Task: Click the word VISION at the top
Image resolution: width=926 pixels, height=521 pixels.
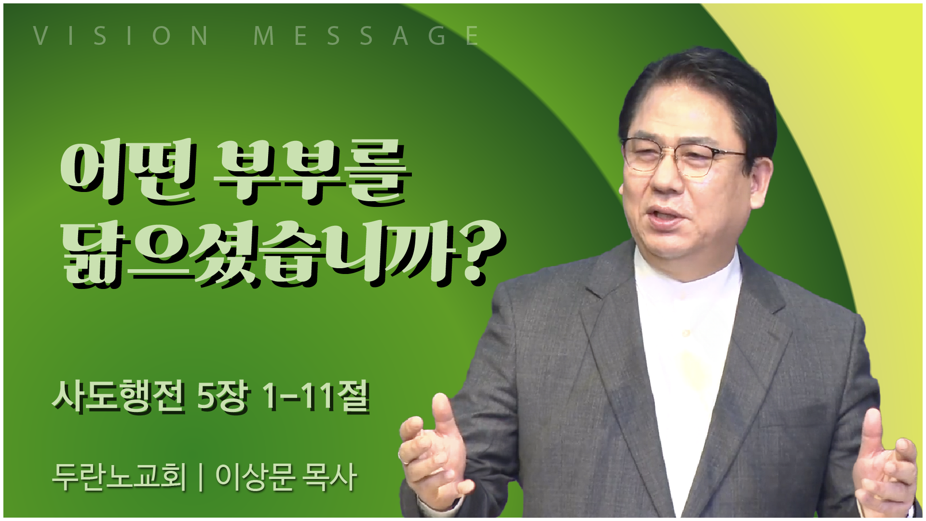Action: click(x=121, y=36)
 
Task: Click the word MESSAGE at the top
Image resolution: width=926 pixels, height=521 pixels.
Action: click(x=366, y=36)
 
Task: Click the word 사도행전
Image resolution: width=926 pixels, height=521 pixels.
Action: click(x=118, y=396)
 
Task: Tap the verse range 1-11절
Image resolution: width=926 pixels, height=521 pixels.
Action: click(x=316, y=396)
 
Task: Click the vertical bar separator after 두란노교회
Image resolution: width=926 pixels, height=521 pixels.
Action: click(x=201, y=477)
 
